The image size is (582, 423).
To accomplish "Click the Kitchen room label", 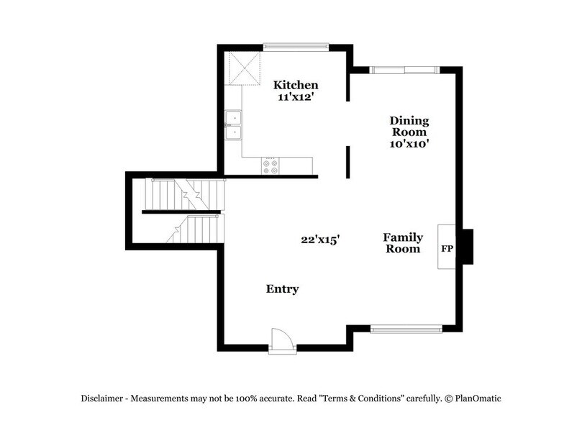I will tap(296, 86).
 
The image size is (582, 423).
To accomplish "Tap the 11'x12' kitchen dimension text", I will tap(296, 97).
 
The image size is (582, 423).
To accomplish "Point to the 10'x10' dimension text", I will tap(409, 143).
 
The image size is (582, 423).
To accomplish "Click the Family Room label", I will tap(402, 243).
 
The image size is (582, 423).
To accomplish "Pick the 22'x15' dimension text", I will tap(320, 240).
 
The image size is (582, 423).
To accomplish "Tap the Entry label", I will tap(282, 289).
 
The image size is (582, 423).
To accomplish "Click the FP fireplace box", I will tap(446, 247).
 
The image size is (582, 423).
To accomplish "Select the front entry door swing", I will tap(278, 339).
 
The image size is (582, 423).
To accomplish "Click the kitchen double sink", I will tap(233, 125).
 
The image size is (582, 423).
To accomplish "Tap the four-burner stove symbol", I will tap(271, 167).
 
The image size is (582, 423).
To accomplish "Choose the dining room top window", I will tap(404, 70).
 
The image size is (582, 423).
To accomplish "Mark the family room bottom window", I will tap(405, 329).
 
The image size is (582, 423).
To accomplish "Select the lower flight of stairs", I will tap(194, 230).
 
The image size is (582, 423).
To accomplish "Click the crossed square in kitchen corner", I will tap(242, 68).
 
